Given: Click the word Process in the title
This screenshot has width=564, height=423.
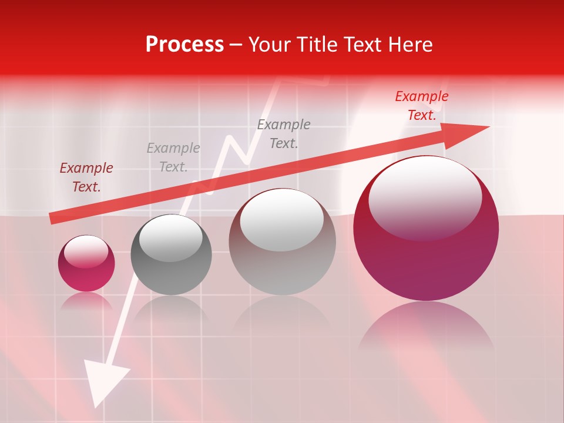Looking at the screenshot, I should click(184, 45).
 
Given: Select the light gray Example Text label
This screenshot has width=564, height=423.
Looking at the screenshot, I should click(173, 157).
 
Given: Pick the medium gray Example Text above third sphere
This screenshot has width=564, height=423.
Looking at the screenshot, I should click(284, 133).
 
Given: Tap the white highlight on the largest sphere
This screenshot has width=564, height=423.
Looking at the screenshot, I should click(425, 197).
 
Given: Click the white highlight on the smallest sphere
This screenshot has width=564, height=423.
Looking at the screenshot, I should click(86, 251).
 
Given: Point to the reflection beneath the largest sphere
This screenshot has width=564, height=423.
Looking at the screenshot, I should click(426, 329).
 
